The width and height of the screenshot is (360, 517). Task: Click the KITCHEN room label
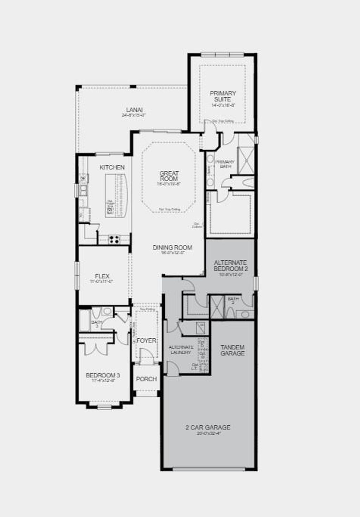112,167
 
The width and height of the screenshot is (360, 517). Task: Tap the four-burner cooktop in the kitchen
114,240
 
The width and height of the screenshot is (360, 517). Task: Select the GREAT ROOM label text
169,176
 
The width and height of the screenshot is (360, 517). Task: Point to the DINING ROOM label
172,247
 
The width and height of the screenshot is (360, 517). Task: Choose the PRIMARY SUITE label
223,96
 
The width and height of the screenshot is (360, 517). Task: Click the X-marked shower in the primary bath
246,161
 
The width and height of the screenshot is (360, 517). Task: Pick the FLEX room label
102,276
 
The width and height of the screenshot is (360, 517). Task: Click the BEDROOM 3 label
101,375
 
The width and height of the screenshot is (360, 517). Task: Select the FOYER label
146,341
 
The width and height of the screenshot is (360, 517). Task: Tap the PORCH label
146,379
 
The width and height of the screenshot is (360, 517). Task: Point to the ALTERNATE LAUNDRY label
181,349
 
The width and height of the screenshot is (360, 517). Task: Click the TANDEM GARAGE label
232,350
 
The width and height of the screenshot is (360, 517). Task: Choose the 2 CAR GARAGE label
208,427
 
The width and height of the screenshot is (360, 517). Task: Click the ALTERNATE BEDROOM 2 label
231,265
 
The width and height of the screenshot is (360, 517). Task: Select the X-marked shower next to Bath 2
217,307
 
